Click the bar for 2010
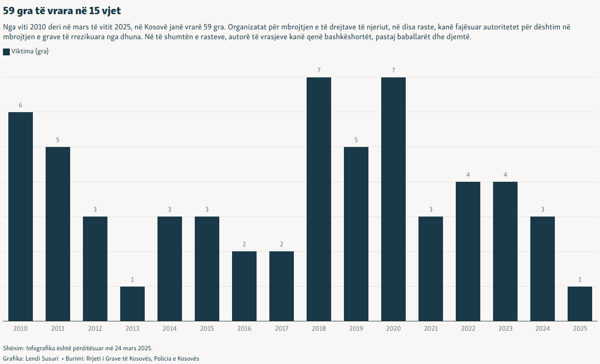point(21,217)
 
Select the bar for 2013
point(132,304)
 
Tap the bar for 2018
point(319,199)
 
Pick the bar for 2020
point(393,199)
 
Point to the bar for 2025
point(580,304)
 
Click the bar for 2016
point(244,286)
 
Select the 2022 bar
point(468,251)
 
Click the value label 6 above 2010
point(21,105)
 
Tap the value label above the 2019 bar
point(356,140)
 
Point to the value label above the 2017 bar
point(282,244)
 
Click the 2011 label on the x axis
point(58,328)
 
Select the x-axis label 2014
point(170,328)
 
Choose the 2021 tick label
point(431,328)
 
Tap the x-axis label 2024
point(543,328)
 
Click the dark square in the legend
point(6,52)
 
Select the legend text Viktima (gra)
point(30,52)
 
